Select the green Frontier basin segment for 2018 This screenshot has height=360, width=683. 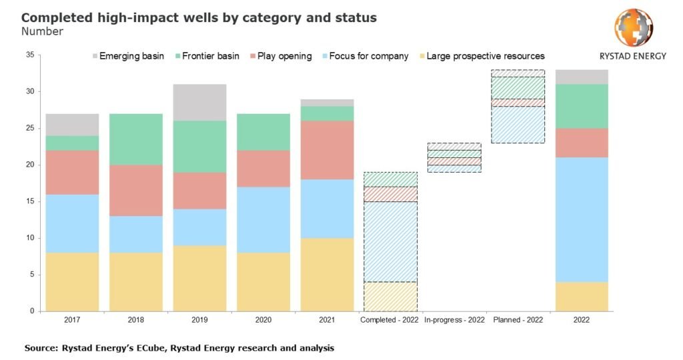click(135, 139)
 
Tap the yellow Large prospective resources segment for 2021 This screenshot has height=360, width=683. click(326, 274)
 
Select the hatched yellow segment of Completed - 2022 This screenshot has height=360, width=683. click(390, 296)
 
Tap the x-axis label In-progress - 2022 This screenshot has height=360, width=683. click(454, 320)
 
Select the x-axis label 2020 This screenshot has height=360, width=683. click(263, 320)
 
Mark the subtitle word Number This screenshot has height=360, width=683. click(42, 31)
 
